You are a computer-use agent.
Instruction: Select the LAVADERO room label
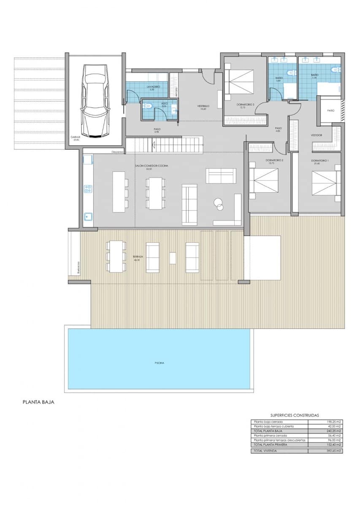153,87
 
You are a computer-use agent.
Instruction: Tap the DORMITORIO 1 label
319,161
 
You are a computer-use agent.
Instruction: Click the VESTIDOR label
317,135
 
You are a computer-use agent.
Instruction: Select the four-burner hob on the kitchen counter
88,189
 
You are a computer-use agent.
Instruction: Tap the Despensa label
117,151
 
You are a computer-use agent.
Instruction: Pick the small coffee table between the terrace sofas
172,258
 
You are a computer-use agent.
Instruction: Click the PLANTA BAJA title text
38,402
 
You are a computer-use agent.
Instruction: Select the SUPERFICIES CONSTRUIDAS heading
295,415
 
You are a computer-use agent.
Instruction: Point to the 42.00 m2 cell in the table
334,426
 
